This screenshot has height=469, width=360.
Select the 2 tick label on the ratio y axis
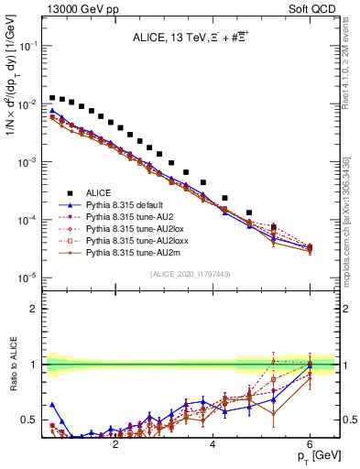35,308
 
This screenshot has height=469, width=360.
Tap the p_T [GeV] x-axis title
318,455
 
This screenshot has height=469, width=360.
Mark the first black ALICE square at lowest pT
53,97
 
